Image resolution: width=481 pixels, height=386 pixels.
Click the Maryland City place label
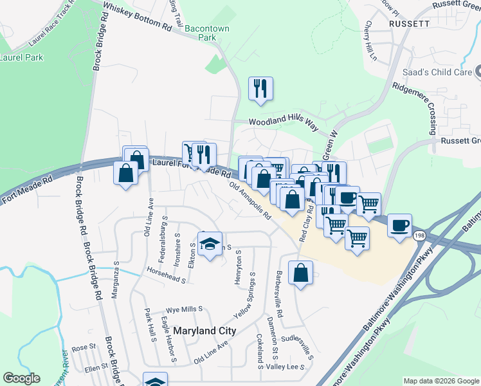pyautogui.click(x=204, y=331)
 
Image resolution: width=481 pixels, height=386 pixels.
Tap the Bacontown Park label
pyautogui.click(x=207, y=33)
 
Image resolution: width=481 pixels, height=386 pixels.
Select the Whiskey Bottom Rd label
pyautogui.click(x=138, y=16)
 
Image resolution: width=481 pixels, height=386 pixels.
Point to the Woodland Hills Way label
pyautogui.click(x=284, y=124)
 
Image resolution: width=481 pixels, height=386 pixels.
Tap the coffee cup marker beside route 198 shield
pyautogui.click(x=399, y=225)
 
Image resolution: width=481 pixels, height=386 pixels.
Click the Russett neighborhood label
pyautogui.click(x=409, y=23)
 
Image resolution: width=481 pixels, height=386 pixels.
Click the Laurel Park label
pyautogui.click(x=21, y=57)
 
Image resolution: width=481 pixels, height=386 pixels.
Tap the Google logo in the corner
pyautogui.click(x=21, y=378)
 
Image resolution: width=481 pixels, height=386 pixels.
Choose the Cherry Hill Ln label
pyautogui.click(x=371, y=41)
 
